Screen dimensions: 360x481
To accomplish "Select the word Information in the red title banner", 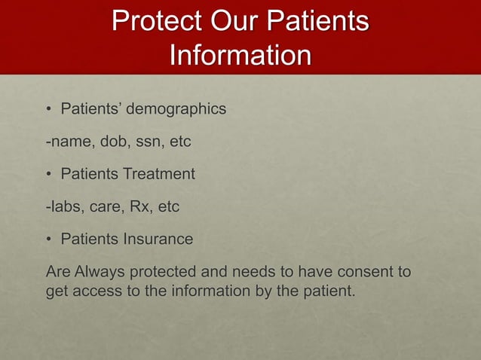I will click(240, 56).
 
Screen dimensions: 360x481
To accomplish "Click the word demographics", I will click(176, 109).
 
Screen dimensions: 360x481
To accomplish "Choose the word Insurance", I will click(158, 239).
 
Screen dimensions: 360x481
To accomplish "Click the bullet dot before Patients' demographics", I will click(49, 110).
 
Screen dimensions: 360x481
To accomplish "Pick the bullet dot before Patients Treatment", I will click(49, 175).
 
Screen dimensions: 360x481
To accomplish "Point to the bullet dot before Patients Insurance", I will click(49, 240).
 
